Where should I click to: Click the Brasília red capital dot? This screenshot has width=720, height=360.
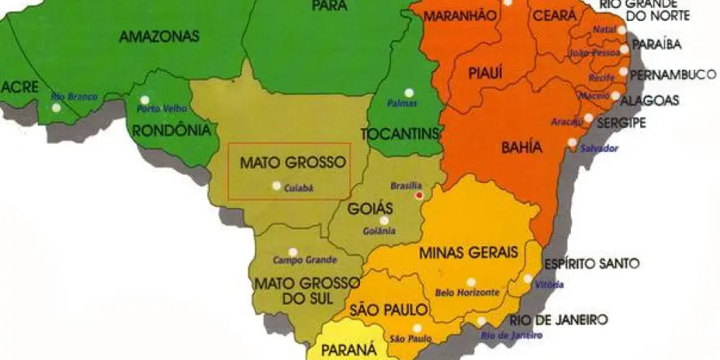point(419,195)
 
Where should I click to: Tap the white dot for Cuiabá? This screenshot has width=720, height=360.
point(276,186)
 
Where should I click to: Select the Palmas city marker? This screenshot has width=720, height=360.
point(409,92)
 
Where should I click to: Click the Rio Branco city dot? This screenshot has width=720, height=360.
point(56,108)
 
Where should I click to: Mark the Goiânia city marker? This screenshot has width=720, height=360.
point(384,220)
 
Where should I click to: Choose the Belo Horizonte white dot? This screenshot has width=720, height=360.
point(471,282)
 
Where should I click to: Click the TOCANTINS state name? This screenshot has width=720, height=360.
point(400,132)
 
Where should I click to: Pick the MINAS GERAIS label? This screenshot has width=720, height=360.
point(468,253)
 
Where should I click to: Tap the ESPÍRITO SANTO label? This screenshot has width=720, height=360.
point(591,264)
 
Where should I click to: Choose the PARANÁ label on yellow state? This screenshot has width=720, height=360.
point(348,350)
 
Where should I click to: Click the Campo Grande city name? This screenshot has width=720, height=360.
point(298,259)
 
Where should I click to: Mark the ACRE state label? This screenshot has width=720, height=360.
point(19,87)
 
